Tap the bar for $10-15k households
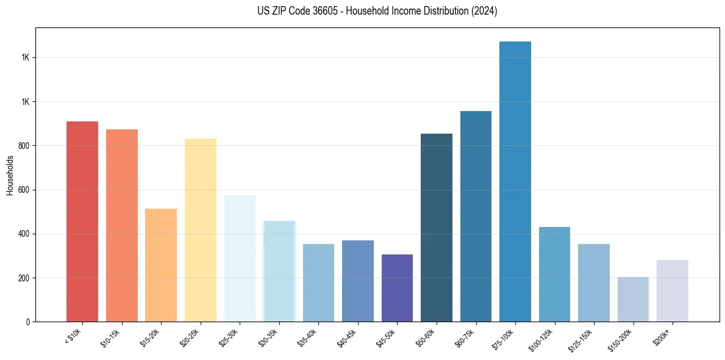pos(121,225)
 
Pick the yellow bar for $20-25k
pos(200,230)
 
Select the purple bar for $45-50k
pos(397,288)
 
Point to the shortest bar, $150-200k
pos(633,299)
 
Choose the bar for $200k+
pos(673,290)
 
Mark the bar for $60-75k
pos(476,216)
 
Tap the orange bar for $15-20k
pos(161,265)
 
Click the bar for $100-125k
pos(554,274)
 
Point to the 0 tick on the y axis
pos(28,322)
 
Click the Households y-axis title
pos(10,175)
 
